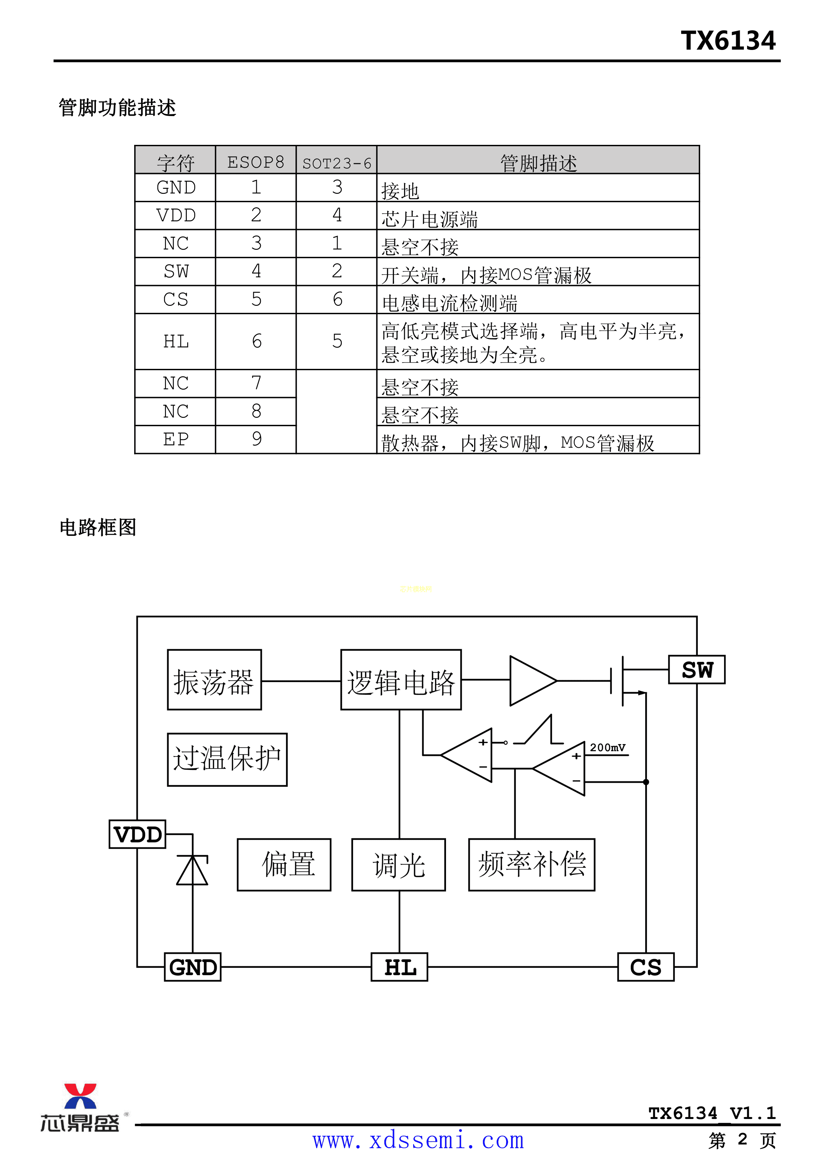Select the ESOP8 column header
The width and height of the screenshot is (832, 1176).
(256, 162)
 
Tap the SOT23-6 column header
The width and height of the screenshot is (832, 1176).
(337, 163)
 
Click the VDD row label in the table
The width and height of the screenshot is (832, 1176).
(176, 215)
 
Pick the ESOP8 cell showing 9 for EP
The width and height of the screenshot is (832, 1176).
(256, 439)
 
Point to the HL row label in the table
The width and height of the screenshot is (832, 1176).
(176, 341)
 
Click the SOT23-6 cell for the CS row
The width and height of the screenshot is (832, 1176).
(337, 299)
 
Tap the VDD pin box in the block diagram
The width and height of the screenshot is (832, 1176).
(137, 834)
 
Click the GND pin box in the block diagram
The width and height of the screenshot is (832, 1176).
(192, 967)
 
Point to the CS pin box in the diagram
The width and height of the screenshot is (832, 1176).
(646, 967)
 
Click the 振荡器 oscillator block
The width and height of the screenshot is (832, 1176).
(214, 680)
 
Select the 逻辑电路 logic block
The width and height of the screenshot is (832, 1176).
(401, 680)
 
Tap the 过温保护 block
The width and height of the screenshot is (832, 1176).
(227, 759)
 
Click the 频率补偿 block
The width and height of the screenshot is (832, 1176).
(531, 864)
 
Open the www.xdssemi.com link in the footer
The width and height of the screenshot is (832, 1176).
(418, 1140)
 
